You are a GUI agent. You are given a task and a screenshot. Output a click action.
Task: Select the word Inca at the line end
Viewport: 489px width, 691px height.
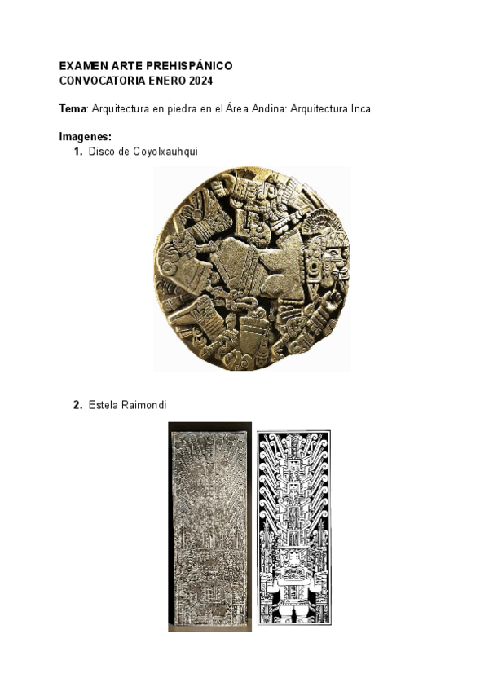pos(359,109)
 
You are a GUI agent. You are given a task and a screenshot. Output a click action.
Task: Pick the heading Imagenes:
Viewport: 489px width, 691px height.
pos(86,136)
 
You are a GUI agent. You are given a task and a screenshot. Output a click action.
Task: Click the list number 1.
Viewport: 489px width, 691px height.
pos(77,152)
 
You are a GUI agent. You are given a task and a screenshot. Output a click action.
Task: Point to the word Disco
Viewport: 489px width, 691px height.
pos(103,152)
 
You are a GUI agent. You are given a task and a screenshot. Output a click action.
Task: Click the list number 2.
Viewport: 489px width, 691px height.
pos(77,405)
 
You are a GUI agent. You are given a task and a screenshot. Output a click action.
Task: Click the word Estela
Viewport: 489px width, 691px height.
pos(103,405)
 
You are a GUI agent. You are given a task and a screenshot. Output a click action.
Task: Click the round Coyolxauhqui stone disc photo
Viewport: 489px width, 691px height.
pos(252,269)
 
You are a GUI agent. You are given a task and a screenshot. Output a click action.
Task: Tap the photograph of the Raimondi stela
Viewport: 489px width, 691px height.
pos(209,526)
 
